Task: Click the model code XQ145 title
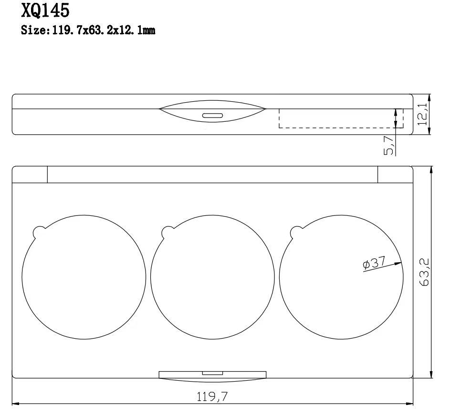click(45, 11)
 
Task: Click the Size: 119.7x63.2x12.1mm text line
click(88, 30)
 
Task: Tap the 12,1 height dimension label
click(422, 114)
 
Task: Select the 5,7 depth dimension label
click(388, 145)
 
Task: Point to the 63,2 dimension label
click(424, 272)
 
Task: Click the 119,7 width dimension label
click(212, 397)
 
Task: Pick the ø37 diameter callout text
click(374, 263)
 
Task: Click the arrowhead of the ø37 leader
click(398, 263)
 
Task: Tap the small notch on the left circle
click(39, 232)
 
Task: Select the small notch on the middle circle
click(167, 232)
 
